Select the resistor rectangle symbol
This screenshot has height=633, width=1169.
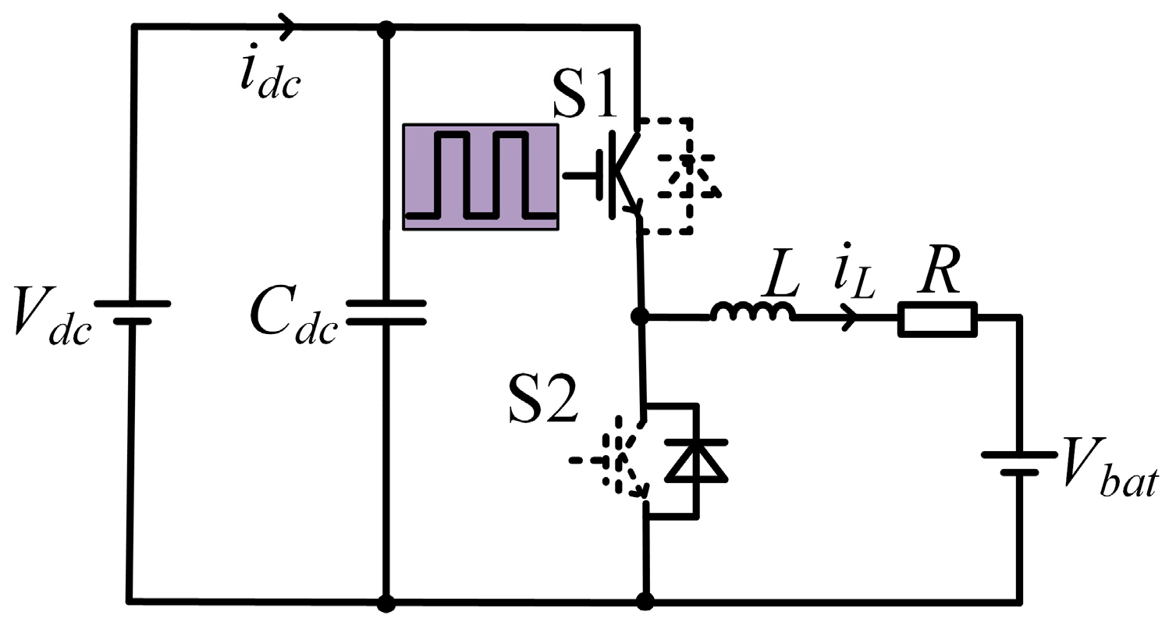pyautogui.click(x=936, y=318)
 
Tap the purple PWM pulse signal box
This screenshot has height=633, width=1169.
pyautogui.click(x=481, y=177)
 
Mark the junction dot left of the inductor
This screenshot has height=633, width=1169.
pyautogui.click(x=640, y=316)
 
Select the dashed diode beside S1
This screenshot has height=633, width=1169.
pyautogui.click(x=687, y=176)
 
